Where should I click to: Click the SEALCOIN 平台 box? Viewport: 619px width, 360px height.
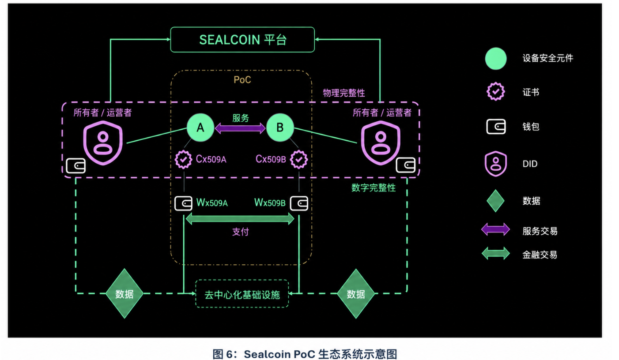pyautogui.click(x=242, y=40)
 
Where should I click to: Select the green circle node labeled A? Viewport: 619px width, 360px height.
pyautogui.click(x=200, y=127)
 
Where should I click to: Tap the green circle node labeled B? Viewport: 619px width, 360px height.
pyautogui.click(x=280, y=127)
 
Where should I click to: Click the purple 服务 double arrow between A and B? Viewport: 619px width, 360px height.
pyautogui.click(x=240, y=128)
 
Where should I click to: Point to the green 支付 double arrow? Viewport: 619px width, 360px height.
pyautogui.click(x=240, y=219)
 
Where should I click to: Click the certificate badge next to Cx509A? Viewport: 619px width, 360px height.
pyautogui.click(x=183, y=159)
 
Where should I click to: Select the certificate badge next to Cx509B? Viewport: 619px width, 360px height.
pyautogui.click(x=299, y=159)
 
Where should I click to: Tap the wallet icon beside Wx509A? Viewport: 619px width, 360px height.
pyautogui.click(x=183, y=203)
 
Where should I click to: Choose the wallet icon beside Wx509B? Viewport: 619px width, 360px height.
pyautogui.click(x=299, y=203)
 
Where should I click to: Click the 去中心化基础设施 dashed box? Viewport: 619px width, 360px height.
pyautogui.click(x=242, y=293)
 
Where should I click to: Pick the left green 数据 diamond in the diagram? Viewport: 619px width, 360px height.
pyautogui.click(x=125, y=293)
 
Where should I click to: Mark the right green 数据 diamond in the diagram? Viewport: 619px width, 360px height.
pyautogui.click(x=356, y=293)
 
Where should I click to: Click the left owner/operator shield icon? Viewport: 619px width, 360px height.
pyautogui.click(x=103, y=143)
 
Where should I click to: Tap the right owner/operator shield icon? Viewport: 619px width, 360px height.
pyautogui.click(x=381, y=143)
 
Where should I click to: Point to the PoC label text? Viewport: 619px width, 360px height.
pyautogui.click(x=242, y=80)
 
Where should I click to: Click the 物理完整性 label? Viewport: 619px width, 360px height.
pyautogui.click(x=344, y=93)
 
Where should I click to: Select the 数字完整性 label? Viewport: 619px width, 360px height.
pyautogui.click(x=374, y=188)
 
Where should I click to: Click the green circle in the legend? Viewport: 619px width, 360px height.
pyautogui.click(x=496, y=59)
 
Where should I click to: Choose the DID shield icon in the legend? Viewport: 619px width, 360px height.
pyautogui.click(x=496, y=164)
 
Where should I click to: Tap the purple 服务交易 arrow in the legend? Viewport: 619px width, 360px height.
pyautogui.click(x=496, y=229)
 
